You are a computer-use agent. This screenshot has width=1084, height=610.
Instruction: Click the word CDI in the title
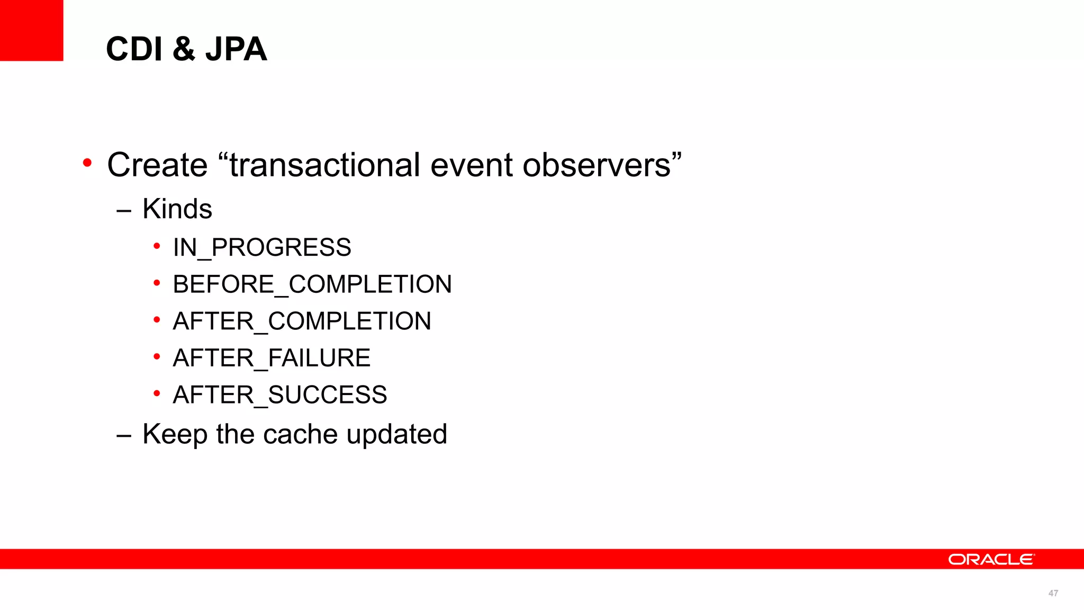point(134,49)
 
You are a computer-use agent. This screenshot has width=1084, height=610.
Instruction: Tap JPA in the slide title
point(236,49)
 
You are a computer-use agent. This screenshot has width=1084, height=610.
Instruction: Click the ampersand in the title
point(184,49)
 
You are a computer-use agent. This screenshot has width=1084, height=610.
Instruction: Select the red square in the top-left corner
point(31,30)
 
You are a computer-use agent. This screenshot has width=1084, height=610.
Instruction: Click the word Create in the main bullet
point(157,165)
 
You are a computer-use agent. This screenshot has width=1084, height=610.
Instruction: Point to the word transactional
point(325,165)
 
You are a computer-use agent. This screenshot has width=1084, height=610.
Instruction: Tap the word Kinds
point(177,209)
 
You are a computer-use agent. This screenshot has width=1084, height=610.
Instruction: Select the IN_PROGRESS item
point(262,247)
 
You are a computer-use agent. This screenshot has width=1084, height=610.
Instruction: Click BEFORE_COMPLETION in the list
point(312,284)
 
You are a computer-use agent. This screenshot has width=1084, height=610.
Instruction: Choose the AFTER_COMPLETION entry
point(302,321)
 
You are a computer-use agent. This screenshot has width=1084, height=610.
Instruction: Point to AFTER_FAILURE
point(272,358)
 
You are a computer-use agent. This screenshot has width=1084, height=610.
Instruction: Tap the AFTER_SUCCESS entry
point(280,395)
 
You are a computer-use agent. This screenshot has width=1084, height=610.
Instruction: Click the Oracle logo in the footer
point(991,560)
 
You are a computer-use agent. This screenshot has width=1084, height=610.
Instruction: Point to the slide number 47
point(1053,594)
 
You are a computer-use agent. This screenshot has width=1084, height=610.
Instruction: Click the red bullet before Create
point(87,163)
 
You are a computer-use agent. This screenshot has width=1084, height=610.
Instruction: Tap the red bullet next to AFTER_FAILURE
point(157,357)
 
